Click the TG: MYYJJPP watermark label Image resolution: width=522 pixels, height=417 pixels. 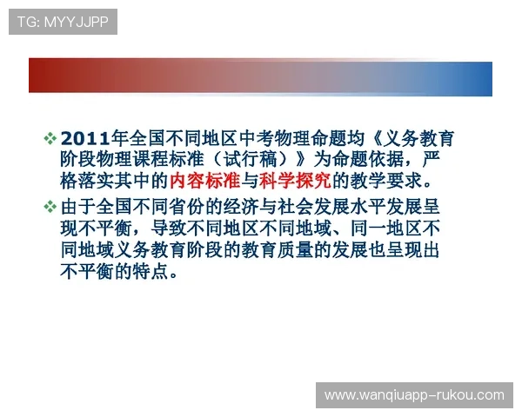(62, 22)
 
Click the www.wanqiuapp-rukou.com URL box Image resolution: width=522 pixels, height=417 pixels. (413, 394)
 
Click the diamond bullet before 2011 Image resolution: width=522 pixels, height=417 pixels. (50, 139)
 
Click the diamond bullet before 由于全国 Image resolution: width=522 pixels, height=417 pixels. (50, 206)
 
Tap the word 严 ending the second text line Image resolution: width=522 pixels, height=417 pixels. (452, 161)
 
